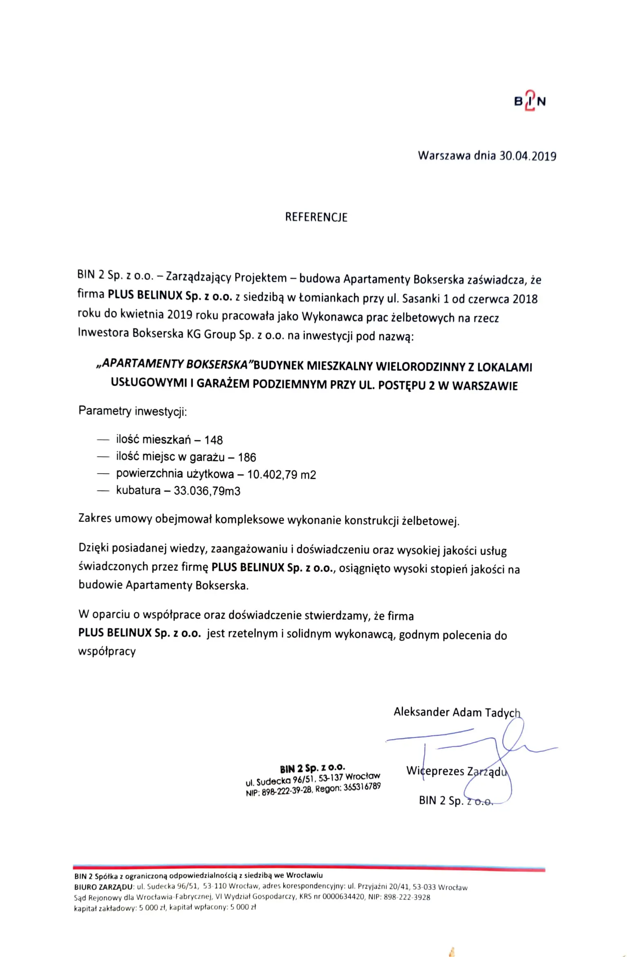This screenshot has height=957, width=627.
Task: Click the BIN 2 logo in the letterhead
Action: click(x=530, y=101)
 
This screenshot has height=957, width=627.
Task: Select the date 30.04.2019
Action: click(x=528, y=156)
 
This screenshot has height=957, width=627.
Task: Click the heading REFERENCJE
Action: click(x=316, y=217)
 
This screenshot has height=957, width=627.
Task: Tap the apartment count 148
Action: click(x=213, y=440)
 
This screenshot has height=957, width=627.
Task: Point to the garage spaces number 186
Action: click(x=247, y=457)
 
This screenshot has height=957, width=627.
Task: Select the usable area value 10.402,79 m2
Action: click(x=281, y=475)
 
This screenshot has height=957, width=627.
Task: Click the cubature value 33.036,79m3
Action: click(x=207, y=491)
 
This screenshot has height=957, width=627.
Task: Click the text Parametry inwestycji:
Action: click(x=132, y=411)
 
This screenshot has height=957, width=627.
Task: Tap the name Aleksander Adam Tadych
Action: click(x=457, y=712)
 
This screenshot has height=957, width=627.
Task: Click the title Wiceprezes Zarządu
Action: click(x=456, y=771)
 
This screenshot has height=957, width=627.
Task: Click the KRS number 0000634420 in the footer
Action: click(x=343, y=897)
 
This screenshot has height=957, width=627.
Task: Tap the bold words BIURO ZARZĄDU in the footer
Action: click(x=103, y=887)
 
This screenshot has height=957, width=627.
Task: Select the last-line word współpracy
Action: click(x=107, y=651)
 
